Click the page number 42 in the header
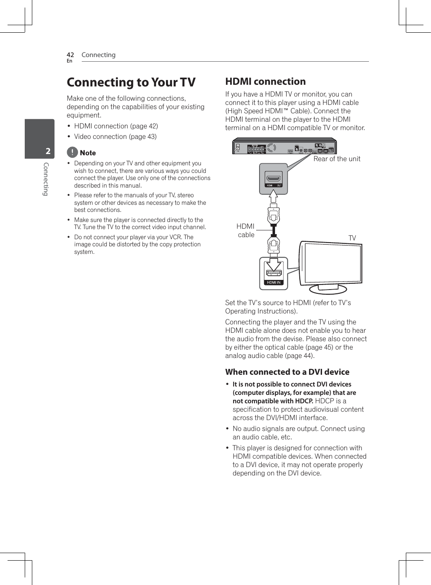(70, 55)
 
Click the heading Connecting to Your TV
(131, 82)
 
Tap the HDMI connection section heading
(265, 81)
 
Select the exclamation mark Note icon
(73, 152)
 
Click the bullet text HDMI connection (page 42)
(116, 126)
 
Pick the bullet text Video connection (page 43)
(115, 136)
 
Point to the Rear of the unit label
(337, 159)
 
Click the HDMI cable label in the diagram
(246, 230)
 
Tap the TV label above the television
(352, 238)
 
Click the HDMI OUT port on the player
(273, 178)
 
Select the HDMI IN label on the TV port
(274, 282)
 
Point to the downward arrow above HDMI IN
(274, 264)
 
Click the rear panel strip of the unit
(284, 147)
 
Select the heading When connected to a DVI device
(287, 372)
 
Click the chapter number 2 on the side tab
(48, 151)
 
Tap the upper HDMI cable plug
(273, 215)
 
